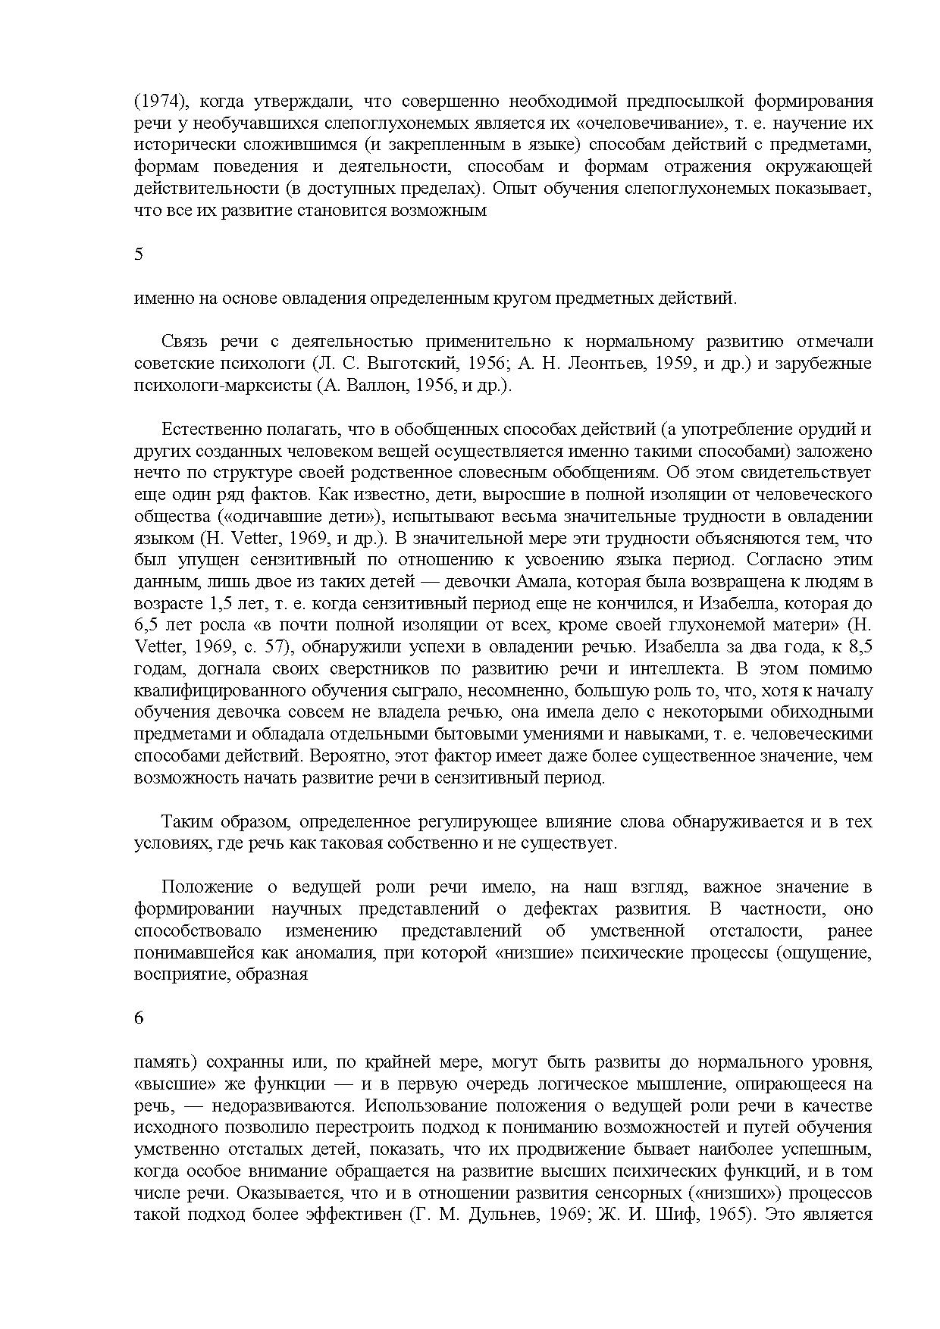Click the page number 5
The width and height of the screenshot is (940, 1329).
[138, 255]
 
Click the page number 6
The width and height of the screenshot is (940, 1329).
[138, 1018]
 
